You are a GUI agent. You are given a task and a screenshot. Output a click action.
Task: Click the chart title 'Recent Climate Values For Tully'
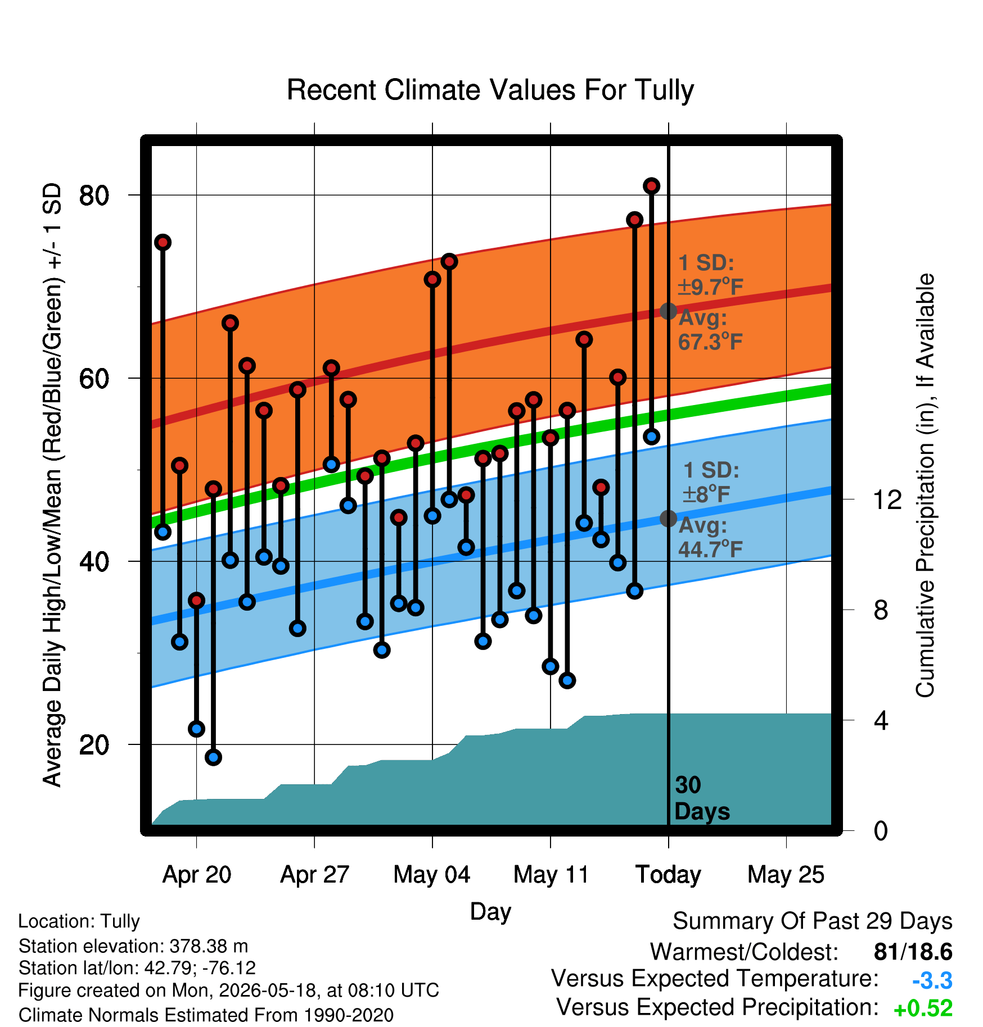490,90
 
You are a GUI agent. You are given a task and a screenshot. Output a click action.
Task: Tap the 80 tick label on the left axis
94,196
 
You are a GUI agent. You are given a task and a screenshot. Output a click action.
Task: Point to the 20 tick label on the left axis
94,745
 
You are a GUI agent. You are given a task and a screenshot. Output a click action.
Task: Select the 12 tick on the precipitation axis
887,499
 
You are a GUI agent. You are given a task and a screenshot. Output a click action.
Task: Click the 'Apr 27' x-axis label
314,875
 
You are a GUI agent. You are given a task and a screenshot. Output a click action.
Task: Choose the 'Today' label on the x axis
668,875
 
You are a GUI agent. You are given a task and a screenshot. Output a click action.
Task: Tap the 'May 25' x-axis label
786,875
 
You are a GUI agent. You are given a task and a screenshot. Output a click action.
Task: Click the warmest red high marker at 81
651,185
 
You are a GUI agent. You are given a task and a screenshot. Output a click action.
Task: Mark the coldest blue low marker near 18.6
213,757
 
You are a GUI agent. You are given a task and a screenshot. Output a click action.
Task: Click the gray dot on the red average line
668,311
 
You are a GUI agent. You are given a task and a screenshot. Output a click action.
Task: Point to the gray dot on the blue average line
668,518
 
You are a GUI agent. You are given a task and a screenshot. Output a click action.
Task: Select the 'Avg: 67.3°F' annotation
710,330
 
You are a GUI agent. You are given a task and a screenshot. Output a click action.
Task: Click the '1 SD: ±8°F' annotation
711,482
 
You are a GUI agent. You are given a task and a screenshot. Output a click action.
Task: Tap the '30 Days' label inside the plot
702,798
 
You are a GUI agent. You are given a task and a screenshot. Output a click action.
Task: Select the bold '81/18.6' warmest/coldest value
913,952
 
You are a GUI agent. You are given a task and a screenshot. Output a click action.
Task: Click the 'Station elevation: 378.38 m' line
133,946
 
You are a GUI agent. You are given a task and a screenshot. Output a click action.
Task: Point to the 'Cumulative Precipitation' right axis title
925,485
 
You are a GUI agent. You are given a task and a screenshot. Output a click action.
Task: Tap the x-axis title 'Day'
490,912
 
